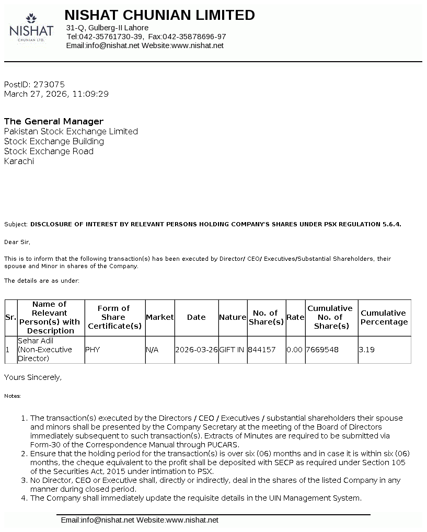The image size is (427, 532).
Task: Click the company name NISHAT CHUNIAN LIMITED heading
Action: click(x=159, y=15)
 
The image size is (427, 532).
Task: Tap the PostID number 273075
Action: click(x=49, y=84)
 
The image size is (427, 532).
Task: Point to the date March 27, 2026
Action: click(x=36, y=94)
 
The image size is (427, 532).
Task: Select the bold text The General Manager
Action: click(x=54, y=121)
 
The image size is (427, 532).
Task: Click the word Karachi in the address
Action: click(x=19, y=161)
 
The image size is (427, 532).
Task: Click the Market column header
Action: click(x=159, y=317)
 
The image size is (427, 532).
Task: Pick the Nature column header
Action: click(x=233, y=317)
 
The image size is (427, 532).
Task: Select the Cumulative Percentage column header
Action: click(x=384, y=317)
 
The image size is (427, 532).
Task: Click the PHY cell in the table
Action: click(x=92, y=350)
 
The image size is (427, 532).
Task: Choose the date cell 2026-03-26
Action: click(x=197, y=350)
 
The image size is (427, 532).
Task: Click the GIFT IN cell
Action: click(x=232, y=350)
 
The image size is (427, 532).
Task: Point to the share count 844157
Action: click(x=262, y=350)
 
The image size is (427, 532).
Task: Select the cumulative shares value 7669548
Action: click(x=322, y=350)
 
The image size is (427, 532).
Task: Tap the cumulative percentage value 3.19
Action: click(x=366, y=350)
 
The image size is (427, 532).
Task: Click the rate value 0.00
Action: click(x=295, y=350)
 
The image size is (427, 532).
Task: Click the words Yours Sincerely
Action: click(x=32, y=377)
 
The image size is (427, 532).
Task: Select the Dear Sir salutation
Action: click(x=17, y=242)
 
